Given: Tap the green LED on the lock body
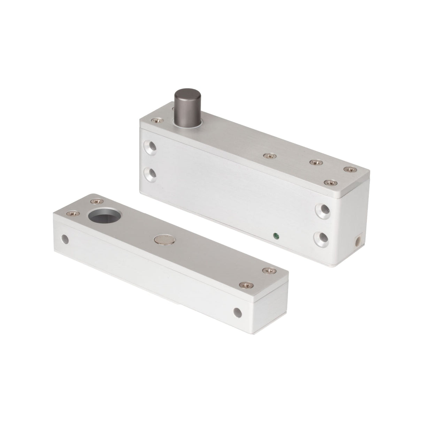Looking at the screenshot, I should pyautogui.click(x=276, y=235).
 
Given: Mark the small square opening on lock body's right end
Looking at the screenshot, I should pyautogui.click(x=357, y=241).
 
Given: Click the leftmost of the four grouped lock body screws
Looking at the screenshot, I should pyautogui.click(x=267, y=155).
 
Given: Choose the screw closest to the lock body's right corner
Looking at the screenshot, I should pyautogui.click(x=348, y=169).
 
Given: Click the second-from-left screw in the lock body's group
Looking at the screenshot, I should pyautogui.click(x=315, y=162).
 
